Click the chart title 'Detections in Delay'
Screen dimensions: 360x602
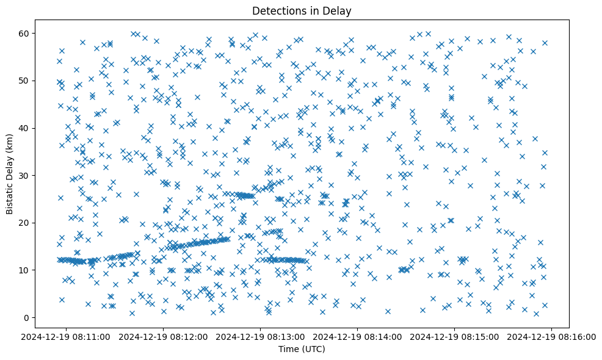[x=302, y=11]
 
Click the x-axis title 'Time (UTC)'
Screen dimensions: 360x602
[x=302, y=349]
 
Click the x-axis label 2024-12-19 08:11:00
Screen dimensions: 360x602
[x=67, y=336]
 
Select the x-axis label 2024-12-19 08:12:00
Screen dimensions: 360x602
[x=164, y=336]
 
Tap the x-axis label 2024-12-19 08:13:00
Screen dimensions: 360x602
[x=261, y=336]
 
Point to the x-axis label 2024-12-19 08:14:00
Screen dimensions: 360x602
[x=358, y=336]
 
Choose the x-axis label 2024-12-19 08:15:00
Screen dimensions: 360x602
[x=455, y=336]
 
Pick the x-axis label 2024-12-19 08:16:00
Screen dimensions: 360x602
[x=552, y=336]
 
